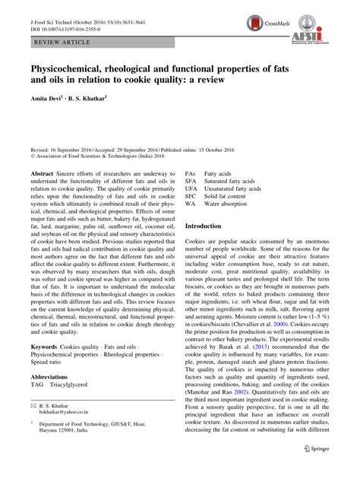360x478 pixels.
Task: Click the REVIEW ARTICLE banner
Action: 49,36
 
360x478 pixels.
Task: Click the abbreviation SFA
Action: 191,183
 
